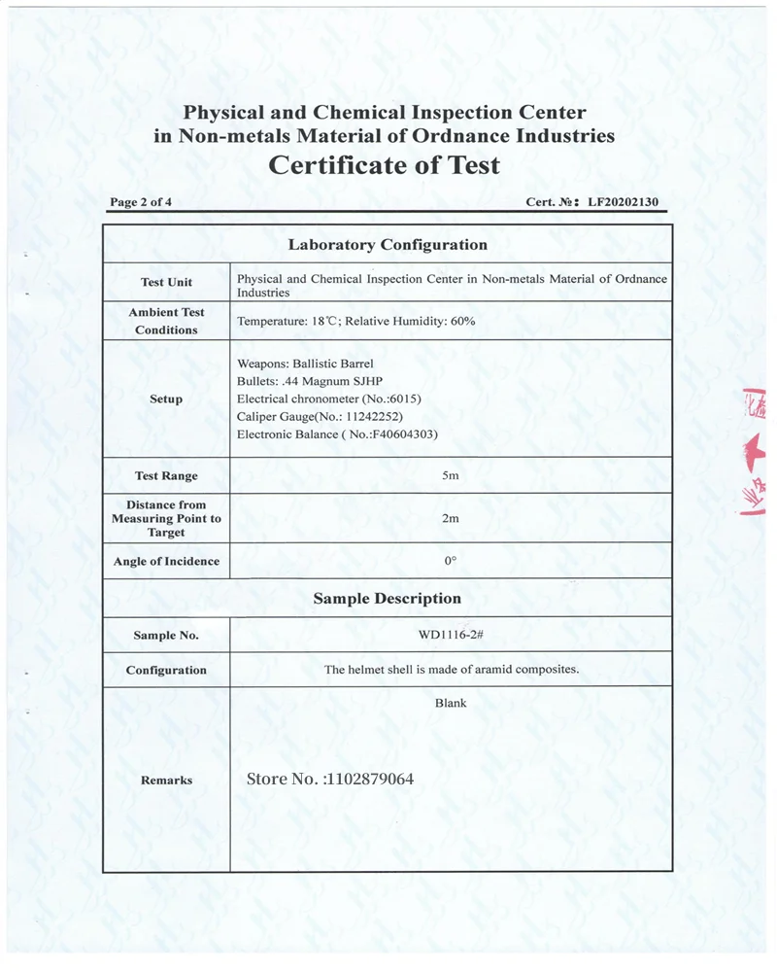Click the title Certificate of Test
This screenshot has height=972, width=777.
[384, 165]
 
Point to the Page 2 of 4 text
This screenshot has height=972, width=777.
[142, 203]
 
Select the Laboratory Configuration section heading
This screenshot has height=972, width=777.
[388, 245]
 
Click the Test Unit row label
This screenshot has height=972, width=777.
[166, 282]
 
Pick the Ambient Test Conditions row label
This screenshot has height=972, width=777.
[166, 321]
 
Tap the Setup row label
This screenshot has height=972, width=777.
[166, 399]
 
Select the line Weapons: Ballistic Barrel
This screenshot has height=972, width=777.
[305, 364]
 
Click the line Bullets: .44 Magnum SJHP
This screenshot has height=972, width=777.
[312, 381]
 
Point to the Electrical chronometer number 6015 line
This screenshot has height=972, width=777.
[329, 399]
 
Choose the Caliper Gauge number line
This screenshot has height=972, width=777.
[321, 416]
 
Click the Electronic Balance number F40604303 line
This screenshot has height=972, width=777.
[337, 434]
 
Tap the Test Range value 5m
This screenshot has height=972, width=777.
[450, 475]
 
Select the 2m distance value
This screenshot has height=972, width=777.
[450, 518]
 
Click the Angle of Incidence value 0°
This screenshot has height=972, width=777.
[450, 561]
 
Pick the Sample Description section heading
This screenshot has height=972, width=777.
[388, 599]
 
